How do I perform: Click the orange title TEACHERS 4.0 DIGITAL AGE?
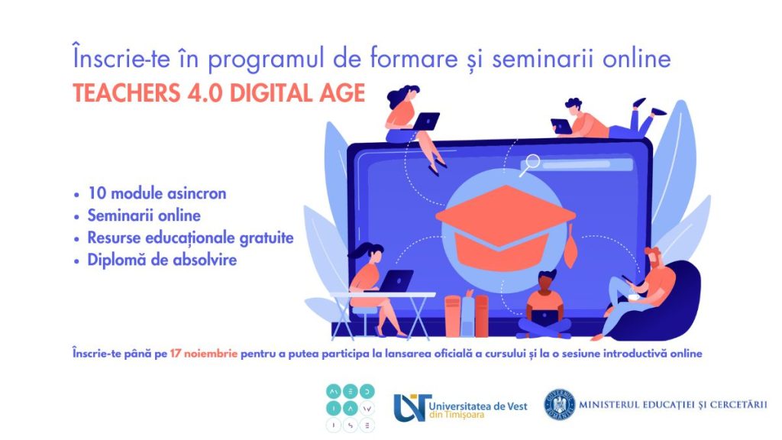(x=219, y=92)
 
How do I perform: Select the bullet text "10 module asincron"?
(x=157, y=193)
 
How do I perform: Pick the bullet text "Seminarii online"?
(x=144, y=215)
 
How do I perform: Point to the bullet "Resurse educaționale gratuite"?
(x=190, y=238)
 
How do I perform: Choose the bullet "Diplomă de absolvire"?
(x=162, y=260)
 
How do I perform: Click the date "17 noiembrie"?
(x=203, y=354)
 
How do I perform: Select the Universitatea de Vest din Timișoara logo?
(x=460, y=407)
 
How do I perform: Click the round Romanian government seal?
(x=559, y=405)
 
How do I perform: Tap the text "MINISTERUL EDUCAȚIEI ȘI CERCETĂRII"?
(x=673, y=404)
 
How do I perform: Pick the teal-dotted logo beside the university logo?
(x=350, y=408)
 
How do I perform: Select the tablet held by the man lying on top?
(x=561, y=126)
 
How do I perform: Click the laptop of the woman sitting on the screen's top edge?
(x=425, y=121)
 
